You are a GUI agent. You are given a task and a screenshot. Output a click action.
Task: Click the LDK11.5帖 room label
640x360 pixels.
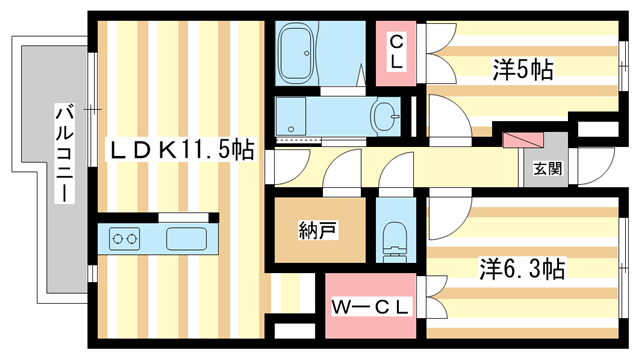click(180, 150)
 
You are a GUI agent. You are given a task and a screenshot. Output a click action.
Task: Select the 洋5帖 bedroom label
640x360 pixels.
click(522, 70)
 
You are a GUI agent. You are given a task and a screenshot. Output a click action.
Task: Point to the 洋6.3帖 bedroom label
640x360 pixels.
click(522, 269)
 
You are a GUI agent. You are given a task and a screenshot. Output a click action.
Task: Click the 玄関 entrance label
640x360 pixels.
click(547, 168)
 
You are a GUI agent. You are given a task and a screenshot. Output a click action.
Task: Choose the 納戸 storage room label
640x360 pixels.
click(318, 231)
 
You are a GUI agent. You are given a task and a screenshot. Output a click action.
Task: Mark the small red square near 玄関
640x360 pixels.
click(518, 140)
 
